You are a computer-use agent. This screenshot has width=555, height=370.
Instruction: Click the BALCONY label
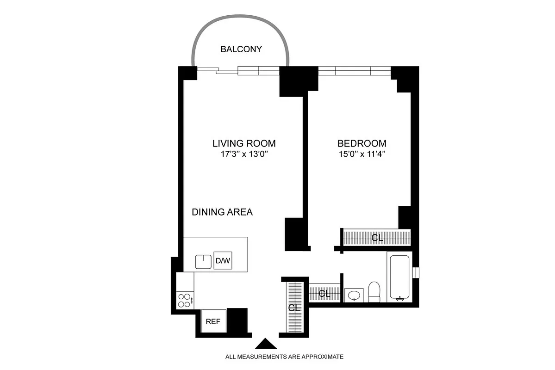[x=241, y=49]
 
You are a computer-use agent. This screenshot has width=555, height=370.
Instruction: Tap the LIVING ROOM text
[x=244, y=143]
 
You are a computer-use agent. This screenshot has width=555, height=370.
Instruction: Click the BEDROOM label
[x=362, y=143]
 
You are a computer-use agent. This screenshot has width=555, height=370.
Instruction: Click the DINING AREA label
[x=222, y=212]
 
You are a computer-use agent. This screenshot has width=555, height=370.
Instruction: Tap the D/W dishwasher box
[x=223, y=261]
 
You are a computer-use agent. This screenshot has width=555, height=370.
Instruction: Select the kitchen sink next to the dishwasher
[x=203, y=262]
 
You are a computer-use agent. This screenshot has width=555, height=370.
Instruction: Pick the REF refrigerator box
[x=213, y=321]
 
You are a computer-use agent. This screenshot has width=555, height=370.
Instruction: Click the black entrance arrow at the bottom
[x=266, y=344]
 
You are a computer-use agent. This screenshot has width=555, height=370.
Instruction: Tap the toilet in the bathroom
[x=374, y=292]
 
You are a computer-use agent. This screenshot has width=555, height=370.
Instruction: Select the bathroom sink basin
[x=354, y=295]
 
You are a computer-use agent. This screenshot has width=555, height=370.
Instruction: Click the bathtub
[x=399, y=277]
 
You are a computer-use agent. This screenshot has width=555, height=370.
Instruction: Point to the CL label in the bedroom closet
[x=377, y=238]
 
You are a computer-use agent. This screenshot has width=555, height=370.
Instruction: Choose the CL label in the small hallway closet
[x=324, y=293]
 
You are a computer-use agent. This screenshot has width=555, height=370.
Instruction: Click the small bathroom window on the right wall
[x=416, y=272]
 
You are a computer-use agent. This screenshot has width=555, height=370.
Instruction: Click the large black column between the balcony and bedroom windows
[x=299, y=81]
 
